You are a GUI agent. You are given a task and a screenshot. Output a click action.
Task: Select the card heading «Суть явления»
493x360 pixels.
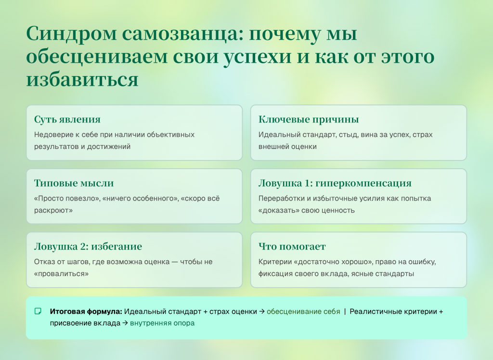click(67, 120)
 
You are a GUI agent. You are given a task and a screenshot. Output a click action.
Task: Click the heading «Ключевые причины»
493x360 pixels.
click(308, 120)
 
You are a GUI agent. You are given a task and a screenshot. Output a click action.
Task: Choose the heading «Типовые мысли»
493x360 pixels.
click(74, 183)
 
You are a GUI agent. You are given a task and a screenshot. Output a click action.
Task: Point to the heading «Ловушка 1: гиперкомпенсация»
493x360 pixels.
click(335, 183)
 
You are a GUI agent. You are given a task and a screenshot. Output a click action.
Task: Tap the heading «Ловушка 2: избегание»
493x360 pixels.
click(88, 247)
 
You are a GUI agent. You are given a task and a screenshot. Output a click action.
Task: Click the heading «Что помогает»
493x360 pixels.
click(292, 247)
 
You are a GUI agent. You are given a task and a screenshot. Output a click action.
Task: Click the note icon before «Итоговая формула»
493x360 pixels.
click(39, 311)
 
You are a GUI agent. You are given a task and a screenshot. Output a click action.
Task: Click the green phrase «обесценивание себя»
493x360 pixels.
click(303, 311)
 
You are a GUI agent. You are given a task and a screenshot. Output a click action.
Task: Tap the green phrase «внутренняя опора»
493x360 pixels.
click(162, 323)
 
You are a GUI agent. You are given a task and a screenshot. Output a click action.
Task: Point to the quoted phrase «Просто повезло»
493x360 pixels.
click(64, 199)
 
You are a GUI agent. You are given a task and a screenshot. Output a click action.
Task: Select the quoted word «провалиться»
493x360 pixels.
click(61, 274)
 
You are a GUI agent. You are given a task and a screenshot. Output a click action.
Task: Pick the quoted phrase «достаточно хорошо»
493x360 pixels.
click(325, 262)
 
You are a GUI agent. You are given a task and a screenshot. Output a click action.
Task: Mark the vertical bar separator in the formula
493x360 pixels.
click(345, 311)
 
